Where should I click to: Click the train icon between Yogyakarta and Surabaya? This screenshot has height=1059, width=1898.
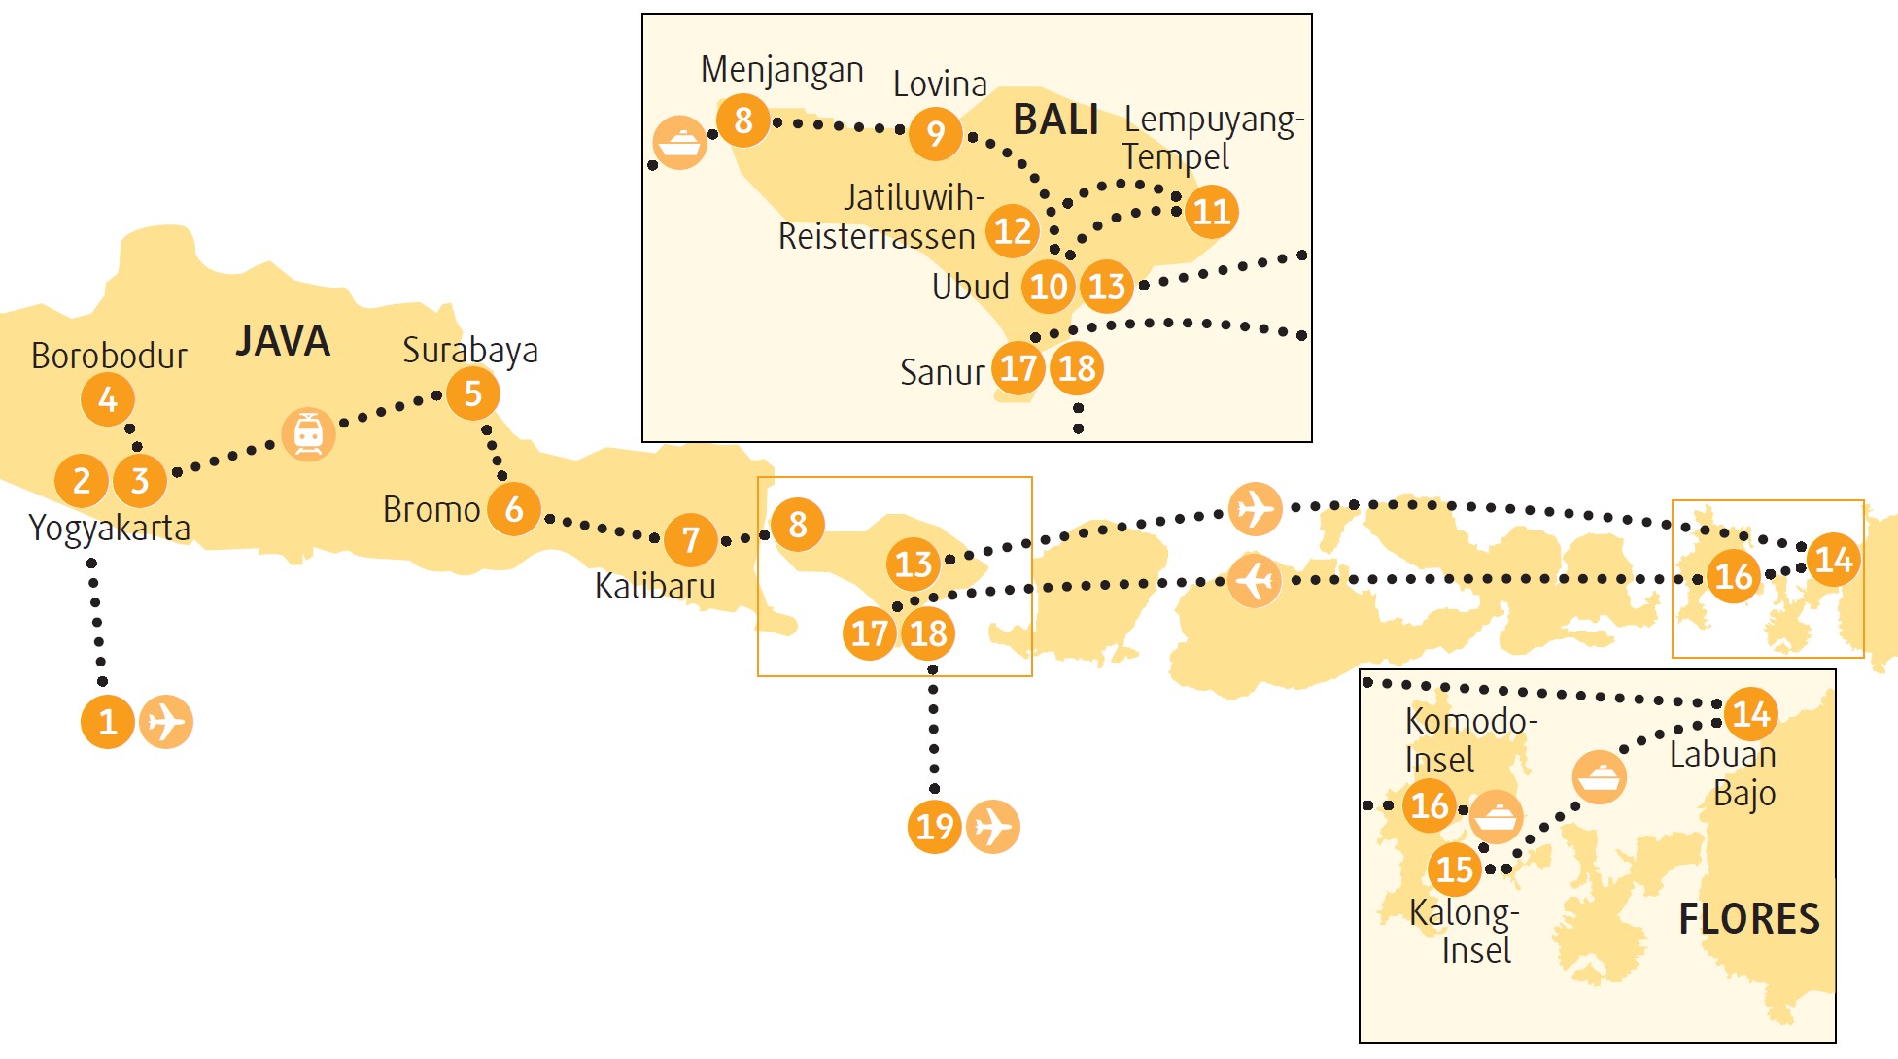tap(309, 434)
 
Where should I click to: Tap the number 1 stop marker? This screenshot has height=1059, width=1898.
tap(108, 722)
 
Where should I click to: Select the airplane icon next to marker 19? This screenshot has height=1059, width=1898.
tap(993, 827)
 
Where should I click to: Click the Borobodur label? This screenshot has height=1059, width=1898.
tap(109, 356)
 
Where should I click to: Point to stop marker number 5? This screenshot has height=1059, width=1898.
tap(473, 393)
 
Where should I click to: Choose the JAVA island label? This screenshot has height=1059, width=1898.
tap(283, 341)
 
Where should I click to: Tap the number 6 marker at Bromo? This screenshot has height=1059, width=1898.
tap(514, 508)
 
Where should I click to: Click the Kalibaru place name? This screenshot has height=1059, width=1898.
tap(655, 586)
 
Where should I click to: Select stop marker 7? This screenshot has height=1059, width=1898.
tap(691, 539)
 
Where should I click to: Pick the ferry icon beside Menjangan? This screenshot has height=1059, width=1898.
tap(680, 143)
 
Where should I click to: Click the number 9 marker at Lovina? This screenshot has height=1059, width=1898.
tap(936, 133)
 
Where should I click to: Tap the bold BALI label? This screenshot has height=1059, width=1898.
tap(1056, 120)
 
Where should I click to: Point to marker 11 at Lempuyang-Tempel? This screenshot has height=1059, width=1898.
tap(1212, 211)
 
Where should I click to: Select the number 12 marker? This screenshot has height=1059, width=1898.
tap(1013, 231)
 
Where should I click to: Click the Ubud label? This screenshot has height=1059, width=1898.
tap(971, 287)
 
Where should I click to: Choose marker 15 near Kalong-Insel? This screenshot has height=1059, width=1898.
tap(1455, 869)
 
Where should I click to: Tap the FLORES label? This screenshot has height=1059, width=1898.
tap(1749, 919)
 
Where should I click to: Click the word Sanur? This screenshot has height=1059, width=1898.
tap(943, 372)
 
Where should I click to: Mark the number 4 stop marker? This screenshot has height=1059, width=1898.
tap(108, 399)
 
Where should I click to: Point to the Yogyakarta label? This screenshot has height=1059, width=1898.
tap(110, 529)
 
